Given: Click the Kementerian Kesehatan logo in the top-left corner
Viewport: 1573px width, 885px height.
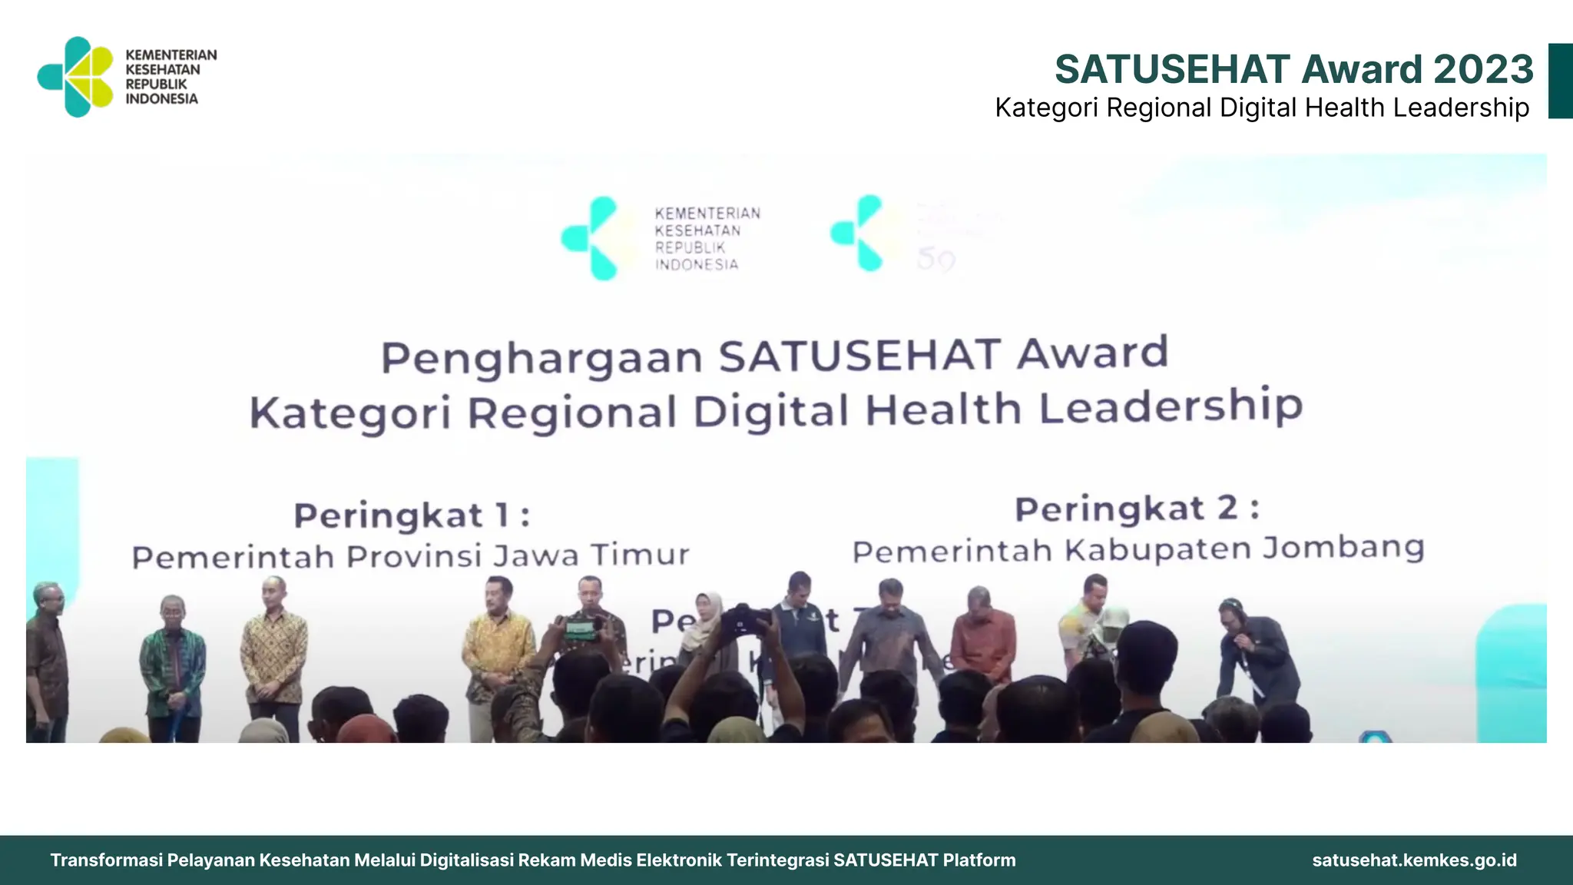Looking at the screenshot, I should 77,77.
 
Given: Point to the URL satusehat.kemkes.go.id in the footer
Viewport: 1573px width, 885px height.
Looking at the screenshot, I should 1414,860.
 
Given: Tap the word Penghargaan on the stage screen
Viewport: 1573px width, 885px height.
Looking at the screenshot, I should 541,358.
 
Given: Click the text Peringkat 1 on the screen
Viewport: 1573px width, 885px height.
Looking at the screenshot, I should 412,515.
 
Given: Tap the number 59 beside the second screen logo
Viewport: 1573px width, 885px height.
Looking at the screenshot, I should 936,260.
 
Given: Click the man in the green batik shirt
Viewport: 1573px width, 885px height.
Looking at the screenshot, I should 173,661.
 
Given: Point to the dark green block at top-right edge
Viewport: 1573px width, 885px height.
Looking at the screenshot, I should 1560,81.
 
